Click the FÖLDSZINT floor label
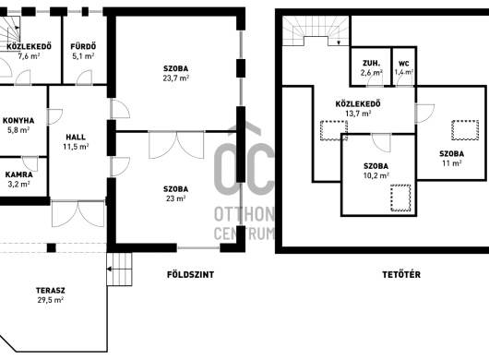point(191,274)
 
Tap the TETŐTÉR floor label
point(401,274)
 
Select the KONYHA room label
point(18,120)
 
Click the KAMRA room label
point(19,174)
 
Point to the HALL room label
point(76,137)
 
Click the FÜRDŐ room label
point(83,46)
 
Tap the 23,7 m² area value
point(176,78)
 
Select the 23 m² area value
point(176,198)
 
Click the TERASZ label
point(51,291)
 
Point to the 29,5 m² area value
point(51,300)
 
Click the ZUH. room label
point(371,64)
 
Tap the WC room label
point(404,64)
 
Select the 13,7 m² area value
point(358,114)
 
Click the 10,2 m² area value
point(376,175)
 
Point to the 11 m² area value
point(451,162)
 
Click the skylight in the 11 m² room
point(465,130)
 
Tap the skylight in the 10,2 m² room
point(400,198)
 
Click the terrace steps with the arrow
point(119,269)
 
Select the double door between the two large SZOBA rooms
point(176,145)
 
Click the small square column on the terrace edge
point(52,248)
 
